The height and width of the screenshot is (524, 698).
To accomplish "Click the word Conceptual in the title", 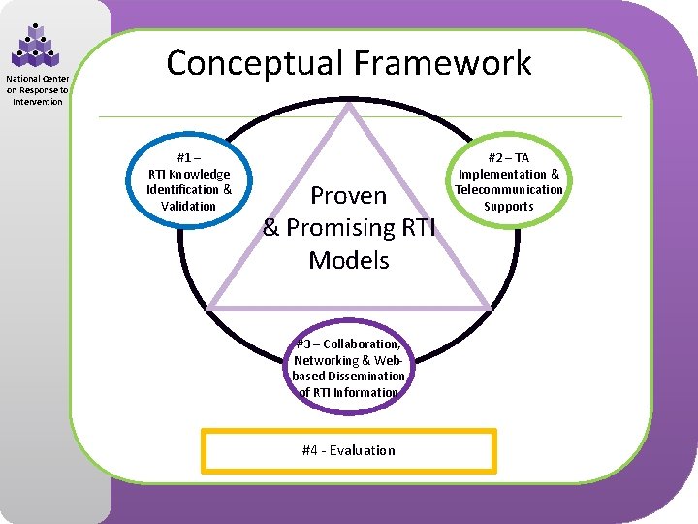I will coord(255,63).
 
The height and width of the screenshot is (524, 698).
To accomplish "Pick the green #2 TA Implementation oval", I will coord(508,181).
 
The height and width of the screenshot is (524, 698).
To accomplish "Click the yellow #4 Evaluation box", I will coord(349,450).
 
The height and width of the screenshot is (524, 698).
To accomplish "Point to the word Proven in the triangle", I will coord(349,196).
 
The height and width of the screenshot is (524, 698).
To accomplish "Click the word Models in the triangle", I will coord(349,260).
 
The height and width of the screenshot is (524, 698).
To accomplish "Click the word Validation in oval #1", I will coord(189,206).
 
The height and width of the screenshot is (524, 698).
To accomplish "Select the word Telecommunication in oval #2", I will coord(508,190).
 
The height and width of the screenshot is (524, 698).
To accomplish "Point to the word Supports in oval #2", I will coord(508,207).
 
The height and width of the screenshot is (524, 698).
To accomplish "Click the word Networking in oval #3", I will coord(334,360).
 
